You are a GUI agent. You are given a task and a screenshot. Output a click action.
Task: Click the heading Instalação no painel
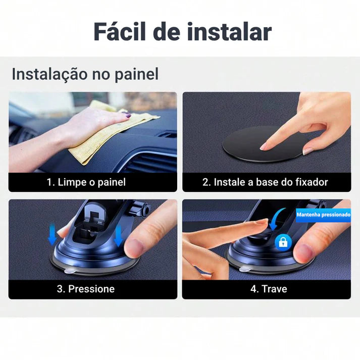point(85,74)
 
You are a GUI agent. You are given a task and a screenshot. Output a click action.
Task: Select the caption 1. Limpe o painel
point(86,182)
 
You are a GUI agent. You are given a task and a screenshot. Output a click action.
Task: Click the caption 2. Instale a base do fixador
point(265,182)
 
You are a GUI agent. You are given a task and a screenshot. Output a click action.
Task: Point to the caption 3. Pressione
point(85,289)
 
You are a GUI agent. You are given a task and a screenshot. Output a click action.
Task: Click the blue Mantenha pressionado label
point(323,215)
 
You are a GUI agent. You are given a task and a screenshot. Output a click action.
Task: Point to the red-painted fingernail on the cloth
point(128,116)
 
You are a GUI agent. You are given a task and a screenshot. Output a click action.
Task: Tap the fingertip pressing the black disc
point(265,146)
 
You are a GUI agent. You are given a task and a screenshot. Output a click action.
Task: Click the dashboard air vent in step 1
point(151,162)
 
